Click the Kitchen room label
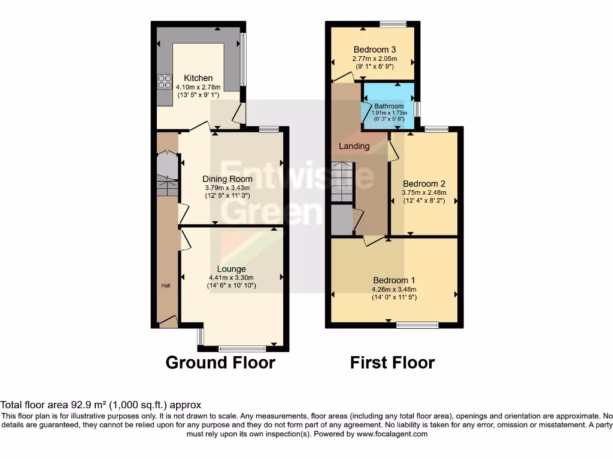pyautogui.click(x=198, y=78)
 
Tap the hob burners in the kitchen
pyautogui.click(x=165, y=81)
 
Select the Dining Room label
pyautogui.click(x=227, y=179)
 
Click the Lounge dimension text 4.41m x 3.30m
pyautogui.click(x=231, y=277)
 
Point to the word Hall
pyautogui.click(x=166, y=286)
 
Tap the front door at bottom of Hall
pyautogui.click(x=168, y=323)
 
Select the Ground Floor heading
pyautogui.click(x=220, y=362)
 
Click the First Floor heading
pyautogui.click(x=392, y=362)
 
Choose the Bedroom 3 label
pyautogui.click(x=375, y=50)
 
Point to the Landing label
pyautogui.click(x=354, y=146)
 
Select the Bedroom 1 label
pyautogui.click(x=394, y=280)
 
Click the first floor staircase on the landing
pyautogui.click(x=343, y=182)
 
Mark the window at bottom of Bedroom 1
pyautogui.click(x=417, y=325)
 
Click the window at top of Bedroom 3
pyautogui.click(x=393, y=24)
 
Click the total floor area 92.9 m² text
pyautogui.click(x=101, y=405)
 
